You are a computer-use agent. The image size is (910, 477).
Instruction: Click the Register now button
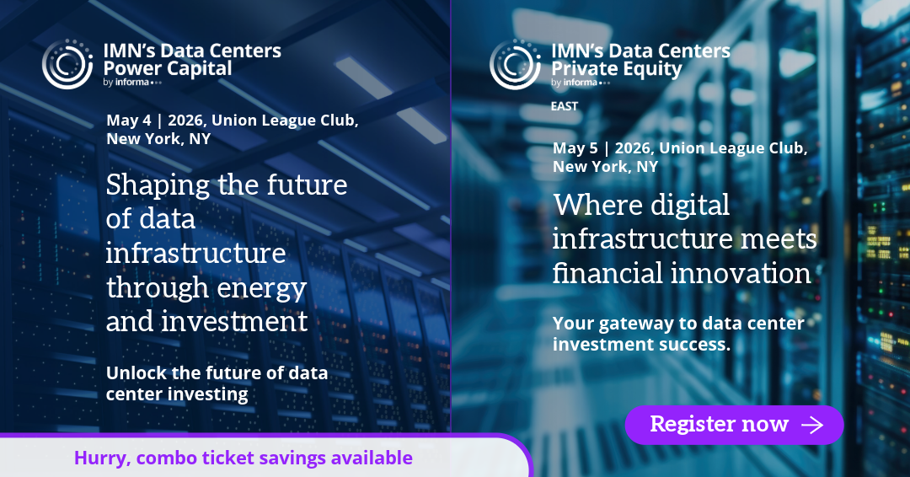pos(734,425)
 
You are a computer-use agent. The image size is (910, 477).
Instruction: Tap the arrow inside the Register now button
pos(812,425)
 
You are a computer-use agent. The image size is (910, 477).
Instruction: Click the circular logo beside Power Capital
pos(67,64)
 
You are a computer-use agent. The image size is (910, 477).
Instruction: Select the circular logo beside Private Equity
pos(516,64)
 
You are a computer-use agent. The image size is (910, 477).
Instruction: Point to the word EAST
pos(564,106)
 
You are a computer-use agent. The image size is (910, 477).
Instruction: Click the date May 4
pos(129,121)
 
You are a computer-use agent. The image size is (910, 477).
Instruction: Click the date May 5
pos(575,148)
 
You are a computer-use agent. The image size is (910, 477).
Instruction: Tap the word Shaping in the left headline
pos(158,186)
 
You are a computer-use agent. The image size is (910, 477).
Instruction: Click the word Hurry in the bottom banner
pos(102,458)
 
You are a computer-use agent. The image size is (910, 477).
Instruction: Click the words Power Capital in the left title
pos(167,68)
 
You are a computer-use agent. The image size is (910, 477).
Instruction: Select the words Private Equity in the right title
pos(616,69)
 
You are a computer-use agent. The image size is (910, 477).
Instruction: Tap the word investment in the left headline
pos(234,321)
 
